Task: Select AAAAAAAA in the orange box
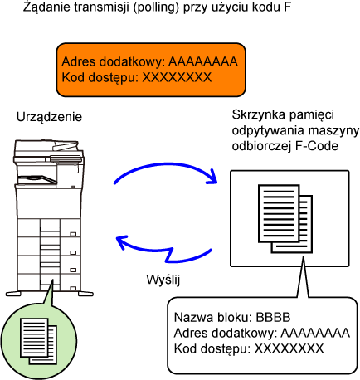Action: click(203, 61)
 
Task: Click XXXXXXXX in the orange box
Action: click(177, 77)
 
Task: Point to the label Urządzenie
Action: click(49, 117)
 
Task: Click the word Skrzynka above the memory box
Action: click(257, 114)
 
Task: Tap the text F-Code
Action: click(317, 146)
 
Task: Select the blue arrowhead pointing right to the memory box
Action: click(213, 177)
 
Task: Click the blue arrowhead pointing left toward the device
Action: click(122, 242)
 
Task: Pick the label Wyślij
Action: click(163, 280)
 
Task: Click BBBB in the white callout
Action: click(273, 317)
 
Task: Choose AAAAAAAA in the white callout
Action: click(315, 333)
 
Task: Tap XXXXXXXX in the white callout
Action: click(289, 348)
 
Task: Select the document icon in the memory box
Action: click(285, 219)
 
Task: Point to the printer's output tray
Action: click(36, 179)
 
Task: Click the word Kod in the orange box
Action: click(71, 77)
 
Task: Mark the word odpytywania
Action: click(274, 130)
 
